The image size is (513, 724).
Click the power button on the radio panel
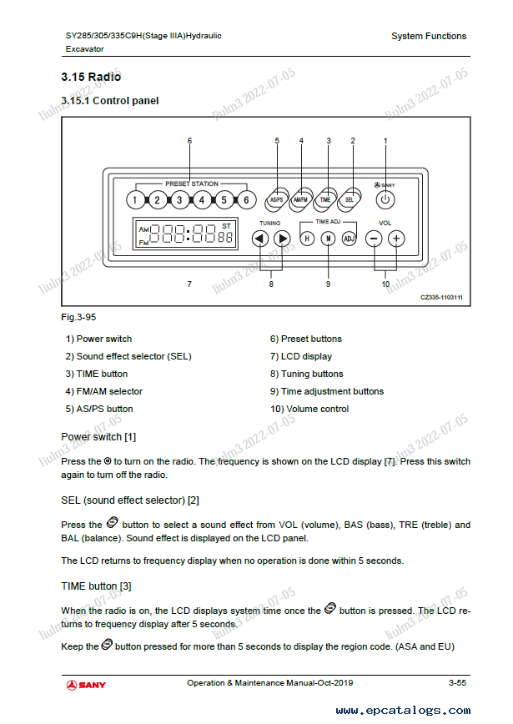coord(385,199)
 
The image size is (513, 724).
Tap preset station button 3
coord(179,200)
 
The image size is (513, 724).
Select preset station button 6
coord(246,200)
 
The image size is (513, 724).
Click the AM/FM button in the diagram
coord(301,199)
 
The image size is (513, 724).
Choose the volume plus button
coord(397,238)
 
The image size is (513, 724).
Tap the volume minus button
coord(374,238)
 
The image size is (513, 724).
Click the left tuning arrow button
coord(259,238)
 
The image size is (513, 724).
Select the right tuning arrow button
coord(282,238)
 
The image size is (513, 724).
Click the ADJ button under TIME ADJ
coord(350,239)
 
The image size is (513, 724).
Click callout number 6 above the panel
coord(189,140)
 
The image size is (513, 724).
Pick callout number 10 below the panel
coord(385,284)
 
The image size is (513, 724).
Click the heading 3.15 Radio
coord(91,77)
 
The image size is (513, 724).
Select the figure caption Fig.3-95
coord(76,319)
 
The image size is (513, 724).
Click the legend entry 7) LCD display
coord(300,356)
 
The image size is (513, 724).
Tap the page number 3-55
coord(456,683)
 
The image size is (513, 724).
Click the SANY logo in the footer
coord(87,685)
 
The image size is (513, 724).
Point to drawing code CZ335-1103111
coord(441,297)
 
